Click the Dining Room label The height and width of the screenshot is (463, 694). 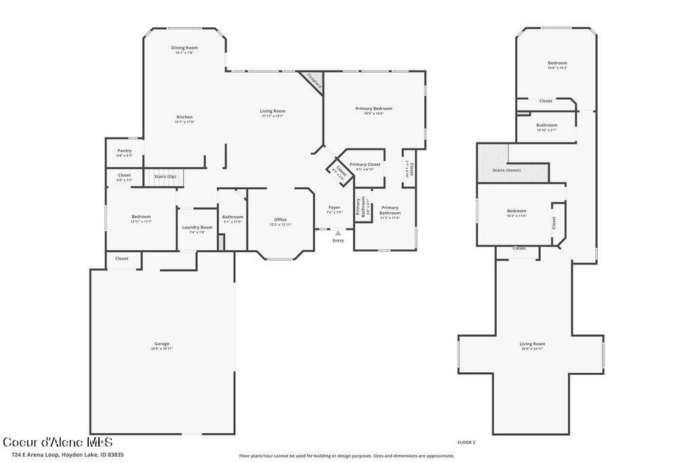[x=184, y=47]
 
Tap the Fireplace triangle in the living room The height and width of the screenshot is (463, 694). [x=314, y=82]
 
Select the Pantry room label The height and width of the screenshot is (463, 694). [x=124, y=150]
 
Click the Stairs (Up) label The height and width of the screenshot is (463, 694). [x=165, y=176]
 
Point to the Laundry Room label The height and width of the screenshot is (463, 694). [x=197, y=227]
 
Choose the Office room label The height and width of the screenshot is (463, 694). [x=281, y=220]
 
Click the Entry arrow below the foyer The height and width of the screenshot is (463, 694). [x=338, y=233]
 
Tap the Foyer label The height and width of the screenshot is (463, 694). [x=334, y=207]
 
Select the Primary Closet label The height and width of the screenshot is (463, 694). [x=365, y=164]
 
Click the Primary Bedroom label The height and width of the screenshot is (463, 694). [x=373, y=108]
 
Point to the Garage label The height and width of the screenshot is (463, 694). [x=161, y=344]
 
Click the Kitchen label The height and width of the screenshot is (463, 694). [x=184, y=117]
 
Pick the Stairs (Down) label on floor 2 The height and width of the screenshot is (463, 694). [x=506, y=170]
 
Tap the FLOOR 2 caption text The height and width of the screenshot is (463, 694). [x=466, y=442]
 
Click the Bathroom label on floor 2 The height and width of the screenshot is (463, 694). [x=546, y=125]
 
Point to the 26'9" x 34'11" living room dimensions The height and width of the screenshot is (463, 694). [x=533, y=348]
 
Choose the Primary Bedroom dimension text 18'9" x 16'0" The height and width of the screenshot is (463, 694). [x=373, y=114]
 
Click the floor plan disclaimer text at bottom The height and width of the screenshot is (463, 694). [x=346, y=456]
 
